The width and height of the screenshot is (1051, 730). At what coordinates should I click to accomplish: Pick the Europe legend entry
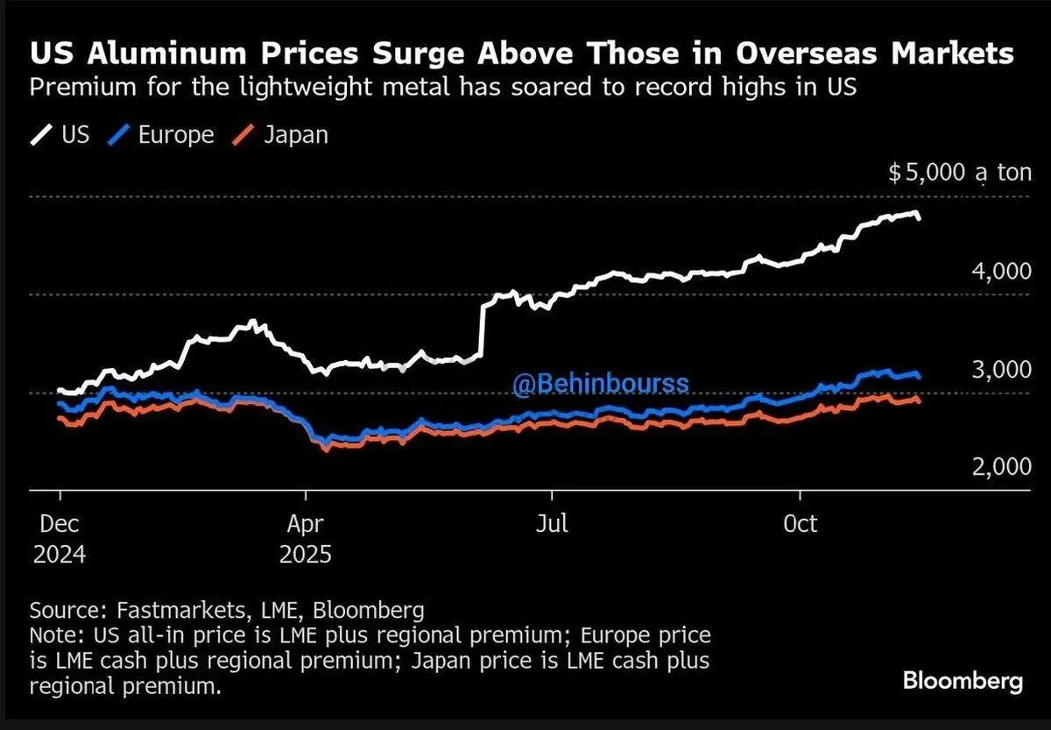[163, 135]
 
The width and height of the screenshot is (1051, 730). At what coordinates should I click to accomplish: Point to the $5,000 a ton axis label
[960, 174]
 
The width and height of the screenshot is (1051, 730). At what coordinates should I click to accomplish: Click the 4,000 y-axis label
[1001, 272]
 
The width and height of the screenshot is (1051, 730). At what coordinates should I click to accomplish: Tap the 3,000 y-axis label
[1001, 369]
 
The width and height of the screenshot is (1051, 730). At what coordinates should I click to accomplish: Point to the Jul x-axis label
[553, 524]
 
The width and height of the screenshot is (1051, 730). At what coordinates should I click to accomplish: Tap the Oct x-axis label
[800, 524]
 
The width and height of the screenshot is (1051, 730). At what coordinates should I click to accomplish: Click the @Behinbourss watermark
[601, 384]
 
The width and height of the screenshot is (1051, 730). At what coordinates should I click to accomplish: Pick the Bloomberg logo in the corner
[963, 681]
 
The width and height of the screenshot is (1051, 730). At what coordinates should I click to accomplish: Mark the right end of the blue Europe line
[918, 376]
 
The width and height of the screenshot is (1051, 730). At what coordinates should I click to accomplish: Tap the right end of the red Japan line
[918, 400]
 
